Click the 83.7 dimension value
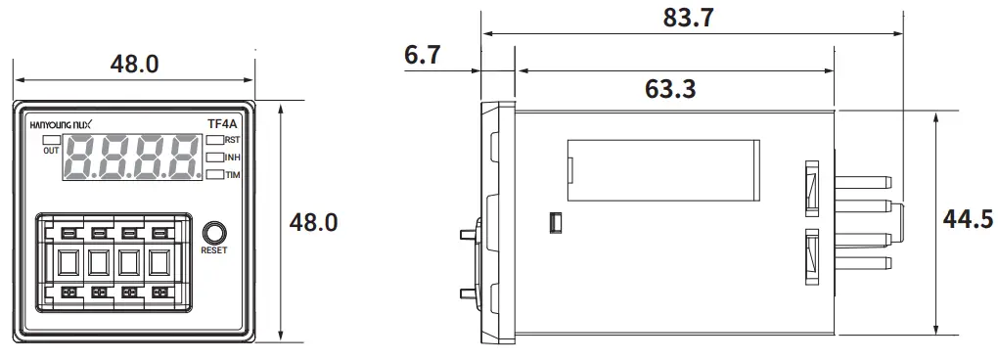(689, 19)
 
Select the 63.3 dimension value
(670, 89)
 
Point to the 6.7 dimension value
(422, 56)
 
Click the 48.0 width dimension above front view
(134, 65)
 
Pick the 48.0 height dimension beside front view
(313, 222)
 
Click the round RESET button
(214, 233)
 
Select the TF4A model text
(221, 124)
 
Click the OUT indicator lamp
(51, 140)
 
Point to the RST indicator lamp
(214, 141)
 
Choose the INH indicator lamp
(214, 157)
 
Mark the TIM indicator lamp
(214, 174)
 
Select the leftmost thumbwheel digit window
(68, 262)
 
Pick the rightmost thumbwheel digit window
(159, 262)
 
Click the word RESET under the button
(214, 250)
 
